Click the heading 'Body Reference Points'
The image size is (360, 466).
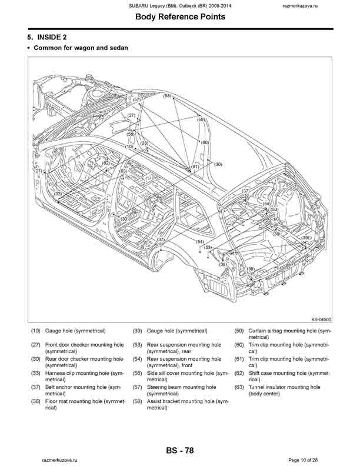click(x=180, y=17)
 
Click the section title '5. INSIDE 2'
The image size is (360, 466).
click(x=50, y=37)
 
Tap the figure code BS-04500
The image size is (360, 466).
click(x=321, y=320)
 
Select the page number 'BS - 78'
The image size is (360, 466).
click(x=180, y=451)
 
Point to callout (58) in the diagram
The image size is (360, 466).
click(x=168, y=95)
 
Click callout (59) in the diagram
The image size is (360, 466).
click(x=200, y=119)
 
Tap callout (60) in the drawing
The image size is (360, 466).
click(x=204, y=142)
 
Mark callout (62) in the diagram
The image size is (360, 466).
click(x=106, y=163)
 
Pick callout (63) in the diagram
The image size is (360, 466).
click(x=123, y=171)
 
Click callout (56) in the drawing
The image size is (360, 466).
click(x=130, y=134)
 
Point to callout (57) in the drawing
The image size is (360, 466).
click(x=136, y=100)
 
